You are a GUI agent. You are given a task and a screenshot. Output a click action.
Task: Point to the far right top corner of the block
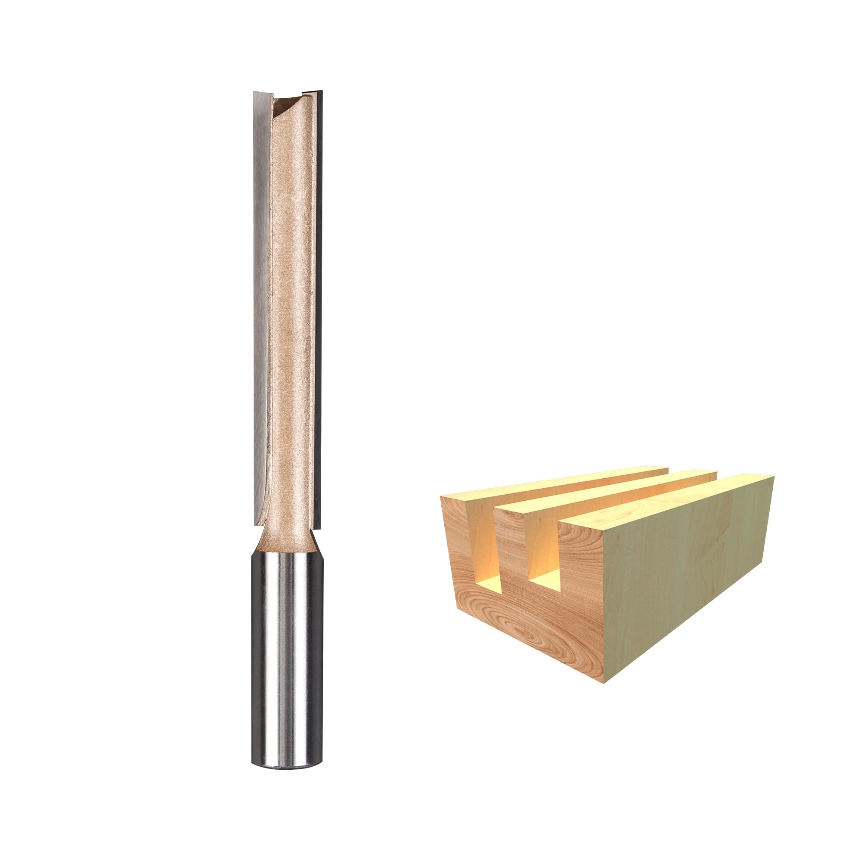[x=774, y=477]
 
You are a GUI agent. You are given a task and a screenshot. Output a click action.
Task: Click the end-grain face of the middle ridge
[x=510, y=535]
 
